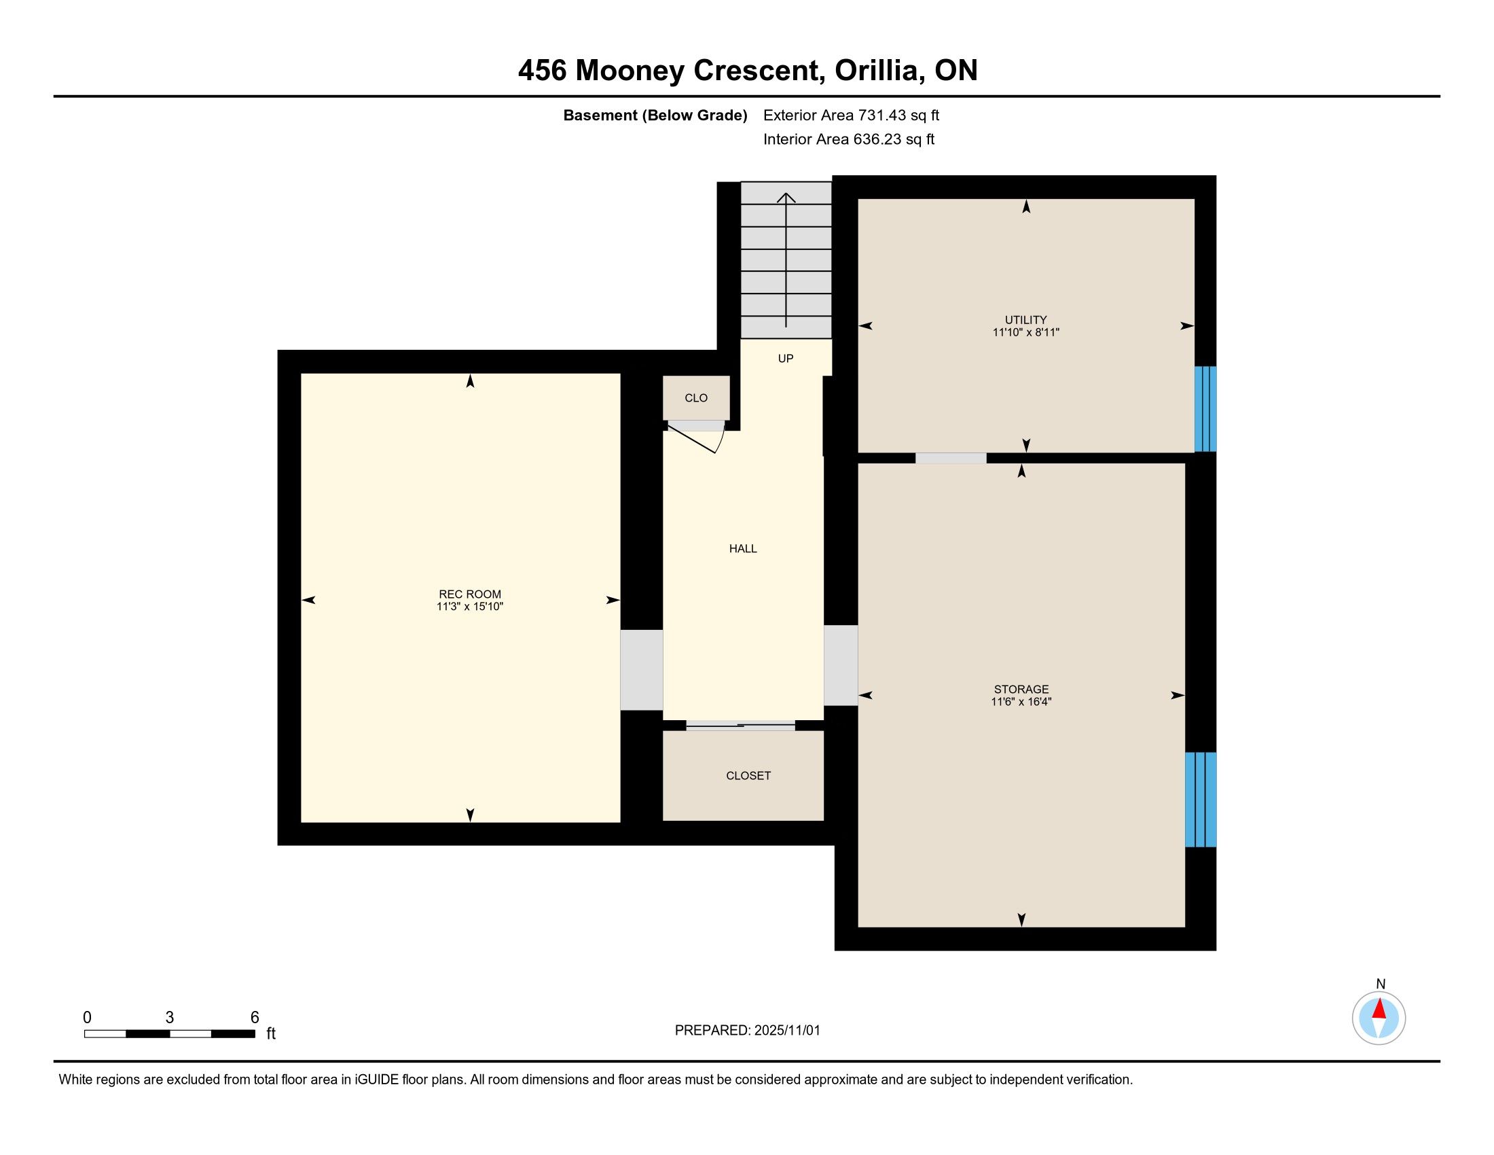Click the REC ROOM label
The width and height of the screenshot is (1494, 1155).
[470, 594]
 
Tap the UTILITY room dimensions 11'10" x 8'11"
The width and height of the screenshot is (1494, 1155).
[1025, 332]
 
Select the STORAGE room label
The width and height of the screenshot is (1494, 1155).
[1021, 689]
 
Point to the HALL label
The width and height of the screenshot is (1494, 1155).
[743, 548]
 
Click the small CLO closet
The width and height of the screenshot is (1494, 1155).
[696, 397]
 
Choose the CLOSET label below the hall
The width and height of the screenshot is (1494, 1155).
[748, 775]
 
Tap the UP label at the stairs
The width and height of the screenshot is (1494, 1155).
[785, 358]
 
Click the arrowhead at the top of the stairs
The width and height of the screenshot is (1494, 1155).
[786, 198]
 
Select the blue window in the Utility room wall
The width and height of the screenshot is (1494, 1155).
[1205, 409]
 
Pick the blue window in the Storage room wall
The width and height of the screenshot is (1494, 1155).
[1201, 799]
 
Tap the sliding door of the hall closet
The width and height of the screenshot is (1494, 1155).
[741, 726]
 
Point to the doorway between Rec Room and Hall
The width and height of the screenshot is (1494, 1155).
[642, 670]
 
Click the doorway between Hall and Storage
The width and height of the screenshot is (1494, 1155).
[841, 665]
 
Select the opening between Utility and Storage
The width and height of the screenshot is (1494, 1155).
[951, 458]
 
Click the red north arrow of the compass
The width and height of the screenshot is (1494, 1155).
[1379, 1009]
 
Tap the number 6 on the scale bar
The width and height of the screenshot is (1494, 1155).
[255, 1017]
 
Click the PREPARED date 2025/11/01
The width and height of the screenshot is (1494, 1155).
[786, 1030]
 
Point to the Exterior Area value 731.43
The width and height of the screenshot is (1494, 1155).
[881, 115]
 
